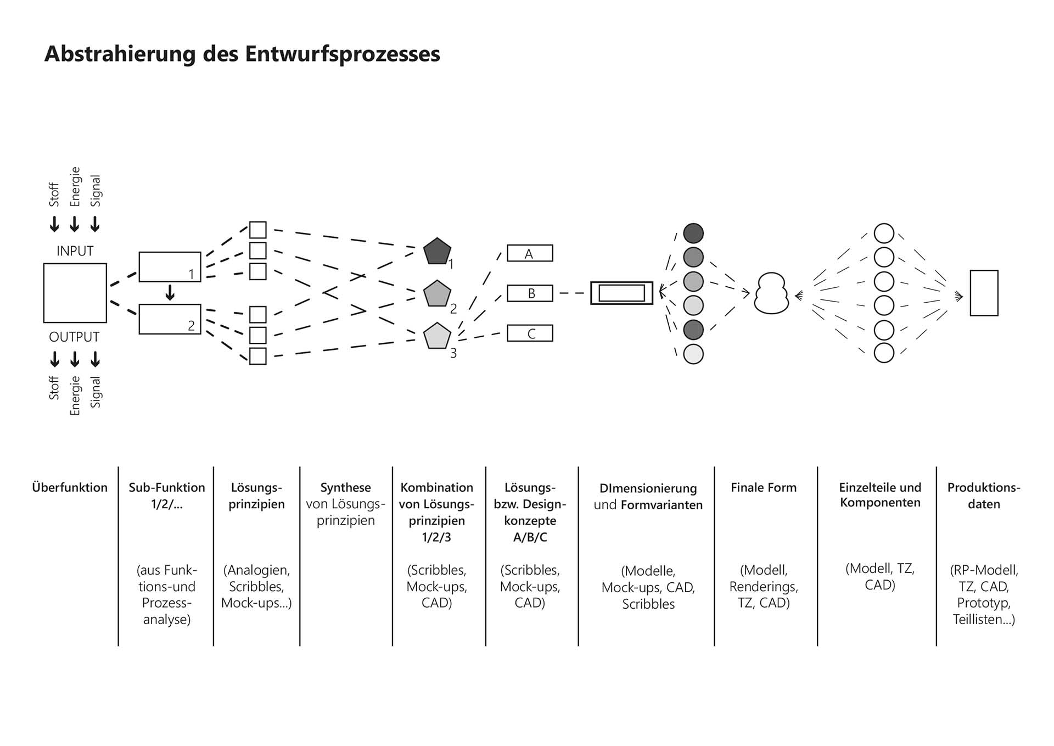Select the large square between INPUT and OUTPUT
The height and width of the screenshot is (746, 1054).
[x=75, y=293]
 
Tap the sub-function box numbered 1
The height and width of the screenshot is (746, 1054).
[x=170, y=267]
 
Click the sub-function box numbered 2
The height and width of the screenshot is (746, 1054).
[x=170, y=319]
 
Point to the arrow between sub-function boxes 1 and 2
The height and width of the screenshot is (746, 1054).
[x=170, y=292]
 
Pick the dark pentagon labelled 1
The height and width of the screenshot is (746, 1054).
[x=437, y=251]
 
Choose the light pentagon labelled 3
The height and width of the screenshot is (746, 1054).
[x=437, y=336]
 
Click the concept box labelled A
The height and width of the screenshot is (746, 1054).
[x=530, y=253]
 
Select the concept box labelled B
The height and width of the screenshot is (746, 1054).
[x=530, y=293]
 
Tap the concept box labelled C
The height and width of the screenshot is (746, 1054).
[x=530, y=333]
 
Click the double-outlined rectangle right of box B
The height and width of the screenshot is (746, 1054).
[x=621, y=293]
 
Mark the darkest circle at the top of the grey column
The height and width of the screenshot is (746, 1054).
[x=693, y=233]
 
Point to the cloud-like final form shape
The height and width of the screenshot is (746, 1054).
[x=771, y=293]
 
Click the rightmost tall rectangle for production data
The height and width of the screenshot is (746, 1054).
[x=984, y=293]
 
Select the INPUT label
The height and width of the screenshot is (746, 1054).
[x=75, y=251]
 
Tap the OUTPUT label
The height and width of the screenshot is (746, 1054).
[x=74, y=337]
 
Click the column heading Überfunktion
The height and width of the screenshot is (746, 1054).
[x=70, y=487]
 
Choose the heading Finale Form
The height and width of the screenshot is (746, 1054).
[x=764, y=487]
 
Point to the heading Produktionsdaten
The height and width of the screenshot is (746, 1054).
[x=984, y=496]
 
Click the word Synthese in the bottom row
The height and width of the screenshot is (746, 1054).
[x=345, y=487]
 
